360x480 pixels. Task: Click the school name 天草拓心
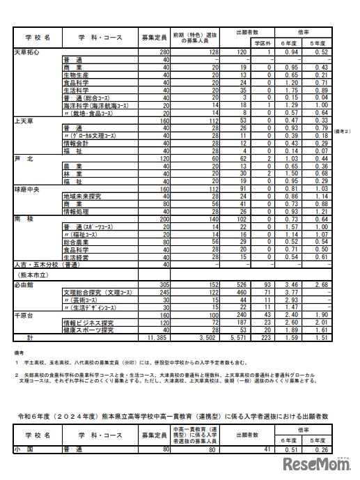point(26,52)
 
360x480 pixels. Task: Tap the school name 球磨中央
point(26,189)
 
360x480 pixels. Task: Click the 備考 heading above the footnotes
point(18,353)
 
